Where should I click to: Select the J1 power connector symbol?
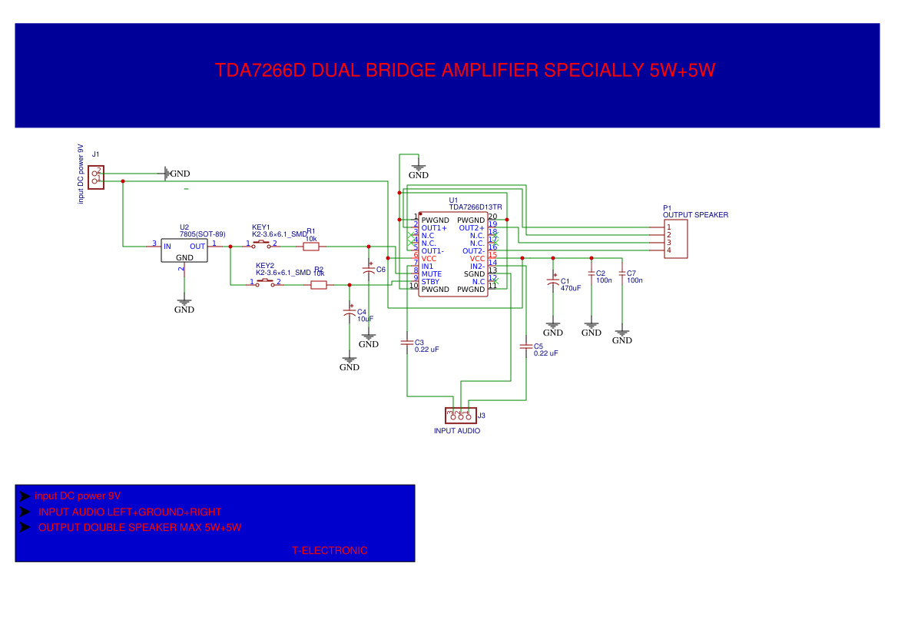click(x=96, y=177)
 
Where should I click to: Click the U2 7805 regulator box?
click(x=184, y=250)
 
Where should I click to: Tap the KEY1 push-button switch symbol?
click(x=262, y=243)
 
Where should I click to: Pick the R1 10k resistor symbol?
click(x=310, y=247)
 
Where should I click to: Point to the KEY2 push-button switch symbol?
click(x=265, y=282)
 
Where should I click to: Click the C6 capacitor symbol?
click(x=369, y=270)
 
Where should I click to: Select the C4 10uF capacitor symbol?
click(x=350, y=312)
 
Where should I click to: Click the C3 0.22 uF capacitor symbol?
click(x=407, y=343)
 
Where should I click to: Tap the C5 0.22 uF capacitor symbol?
click(x=526, y=346)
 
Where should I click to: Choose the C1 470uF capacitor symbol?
click(x=553, y=282)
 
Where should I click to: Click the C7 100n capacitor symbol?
click(x=622, y=273)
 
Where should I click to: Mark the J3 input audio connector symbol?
click(x=461, y=416)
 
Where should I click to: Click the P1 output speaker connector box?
click(x=675, y=239)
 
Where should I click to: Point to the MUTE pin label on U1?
click(x=432, y=274)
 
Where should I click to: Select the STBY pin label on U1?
click(x=430, y=282)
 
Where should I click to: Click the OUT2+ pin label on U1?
click(x=472, y=228)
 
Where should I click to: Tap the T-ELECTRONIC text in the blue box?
click(x=330, y=551)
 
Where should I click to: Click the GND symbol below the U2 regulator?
click(x=184, y=303)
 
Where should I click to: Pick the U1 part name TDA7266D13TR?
click(x=476, y=207)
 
